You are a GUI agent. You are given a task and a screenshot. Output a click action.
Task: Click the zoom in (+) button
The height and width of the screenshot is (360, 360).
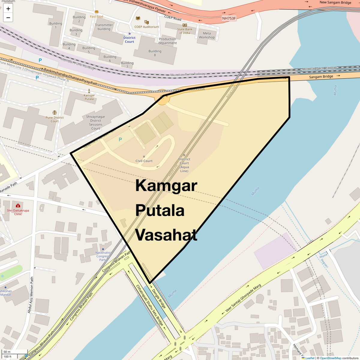point(8,9)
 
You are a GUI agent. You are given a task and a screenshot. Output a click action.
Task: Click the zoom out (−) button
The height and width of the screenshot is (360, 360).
point(8,18)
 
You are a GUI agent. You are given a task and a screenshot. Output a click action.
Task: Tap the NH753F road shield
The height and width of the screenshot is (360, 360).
point(229,18)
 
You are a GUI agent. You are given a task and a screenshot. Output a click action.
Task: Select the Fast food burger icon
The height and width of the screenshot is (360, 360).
point(97,12)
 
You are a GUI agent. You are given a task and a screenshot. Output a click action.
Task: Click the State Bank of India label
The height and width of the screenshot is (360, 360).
point(185,31)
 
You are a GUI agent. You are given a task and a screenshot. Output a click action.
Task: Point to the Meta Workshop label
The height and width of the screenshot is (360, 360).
point(207,35)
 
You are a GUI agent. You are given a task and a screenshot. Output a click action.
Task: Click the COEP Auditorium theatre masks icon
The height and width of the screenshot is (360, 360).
point(146,22)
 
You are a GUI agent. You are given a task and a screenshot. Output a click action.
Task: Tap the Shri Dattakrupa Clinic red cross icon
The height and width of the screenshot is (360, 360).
point(18,206)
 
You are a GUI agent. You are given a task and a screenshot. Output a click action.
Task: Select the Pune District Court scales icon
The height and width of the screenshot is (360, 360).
point(55,112)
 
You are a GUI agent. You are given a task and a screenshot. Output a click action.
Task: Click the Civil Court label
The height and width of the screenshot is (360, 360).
point(144,161)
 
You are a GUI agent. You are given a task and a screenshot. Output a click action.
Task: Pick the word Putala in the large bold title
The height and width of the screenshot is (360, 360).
point(160,210)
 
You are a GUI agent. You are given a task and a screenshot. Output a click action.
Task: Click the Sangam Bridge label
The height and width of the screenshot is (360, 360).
point(321,77)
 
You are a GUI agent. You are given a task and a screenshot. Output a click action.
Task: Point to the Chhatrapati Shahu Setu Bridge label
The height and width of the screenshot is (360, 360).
point(150,305)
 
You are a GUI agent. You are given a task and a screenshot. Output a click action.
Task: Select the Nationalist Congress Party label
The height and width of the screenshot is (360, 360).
point(103,256)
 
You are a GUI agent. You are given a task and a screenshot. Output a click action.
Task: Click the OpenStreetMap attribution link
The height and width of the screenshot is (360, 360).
point(330,358)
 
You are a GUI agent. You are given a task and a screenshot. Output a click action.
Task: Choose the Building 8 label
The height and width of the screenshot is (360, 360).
point(155,53)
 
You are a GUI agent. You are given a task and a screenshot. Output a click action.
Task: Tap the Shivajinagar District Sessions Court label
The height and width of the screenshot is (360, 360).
point(96,122)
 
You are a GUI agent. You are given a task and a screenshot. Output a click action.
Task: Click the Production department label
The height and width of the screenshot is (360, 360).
point(167,41)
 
